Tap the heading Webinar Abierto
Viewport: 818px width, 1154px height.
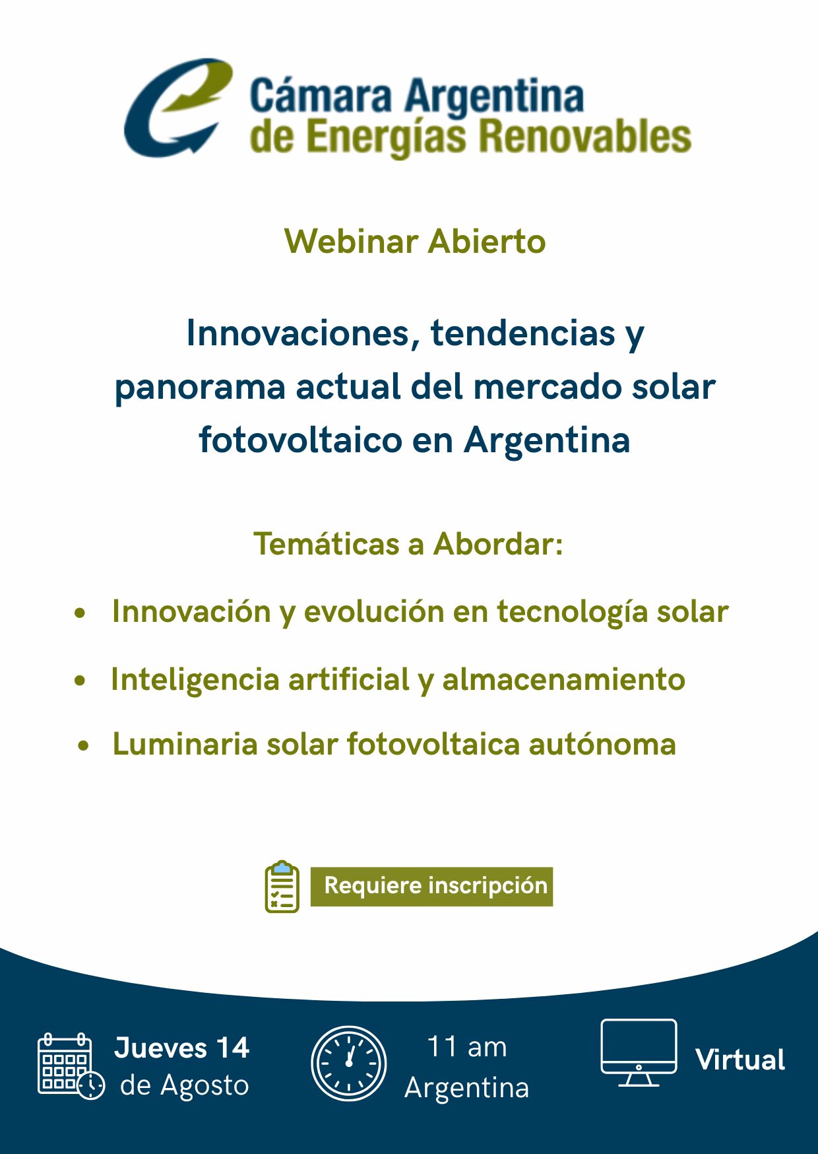[415, 242]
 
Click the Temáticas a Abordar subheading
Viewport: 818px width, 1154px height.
[409, 545]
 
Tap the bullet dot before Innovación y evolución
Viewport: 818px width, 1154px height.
[80, 614]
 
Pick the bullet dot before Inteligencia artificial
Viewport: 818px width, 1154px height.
[80, 681]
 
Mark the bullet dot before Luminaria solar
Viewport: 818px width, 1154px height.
[82, 747]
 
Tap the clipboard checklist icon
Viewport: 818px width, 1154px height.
[282, 887]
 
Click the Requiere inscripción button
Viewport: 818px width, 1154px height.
[432, 886]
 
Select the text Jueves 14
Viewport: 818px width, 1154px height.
[182, 1048]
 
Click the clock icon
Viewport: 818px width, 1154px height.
[348, 1064]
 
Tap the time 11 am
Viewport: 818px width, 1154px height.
[467, 1047]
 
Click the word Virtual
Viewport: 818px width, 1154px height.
[740, 1060]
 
